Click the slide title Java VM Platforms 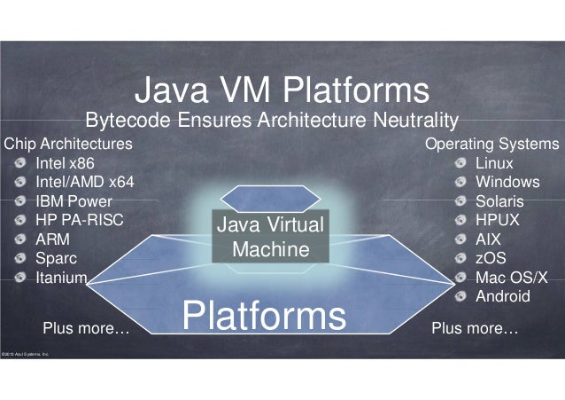(x=282, y=90)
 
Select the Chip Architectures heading (x=68, y=144)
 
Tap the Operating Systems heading (x=492, y=144)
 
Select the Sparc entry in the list (x=56, y=258)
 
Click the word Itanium (x=61, y=278)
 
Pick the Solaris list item (x=499, y=201)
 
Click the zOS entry (x=491, y=258)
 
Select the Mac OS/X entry (x=512, y=278)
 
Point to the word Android (x=502, y=296)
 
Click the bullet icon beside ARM (x=20, y=239)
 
